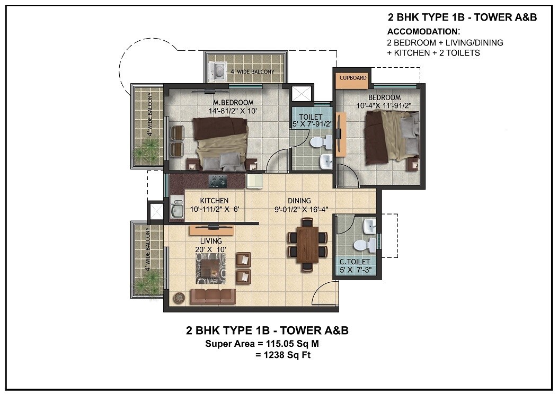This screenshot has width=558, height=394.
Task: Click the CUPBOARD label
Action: (x=353, y=78)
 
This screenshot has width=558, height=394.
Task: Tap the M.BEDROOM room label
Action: (x=233, y=102)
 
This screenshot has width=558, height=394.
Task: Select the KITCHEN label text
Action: (x=214, y=201)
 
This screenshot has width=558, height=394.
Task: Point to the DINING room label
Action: (x=299, y=201)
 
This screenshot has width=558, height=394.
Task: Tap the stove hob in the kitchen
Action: (x=217, y=180)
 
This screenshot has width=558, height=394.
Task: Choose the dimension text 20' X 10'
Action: (x=210, y=249)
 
